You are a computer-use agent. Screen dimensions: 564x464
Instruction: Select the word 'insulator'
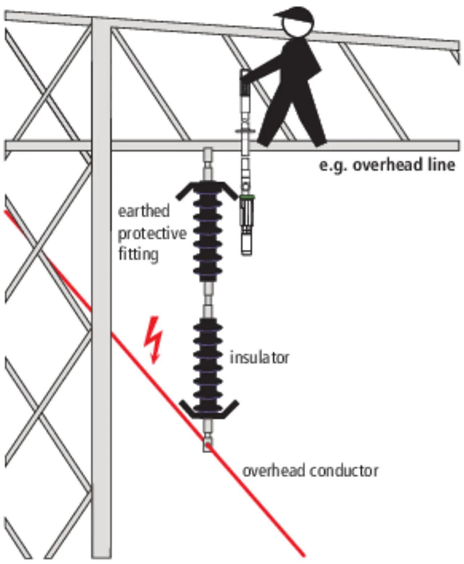[260, 358]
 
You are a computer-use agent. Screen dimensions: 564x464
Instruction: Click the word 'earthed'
[144, 211]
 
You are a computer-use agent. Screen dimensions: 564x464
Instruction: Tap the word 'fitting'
[138, 254]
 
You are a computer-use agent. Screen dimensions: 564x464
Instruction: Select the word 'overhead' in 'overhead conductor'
[274, 471]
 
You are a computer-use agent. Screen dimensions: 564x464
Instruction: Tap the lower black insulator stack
[208, 366]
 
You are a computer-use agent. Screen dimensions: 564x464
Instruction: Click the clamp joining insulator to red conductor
[207, 444]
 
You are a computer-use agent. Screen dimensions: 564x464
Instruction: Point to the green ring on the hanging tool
[247, 197]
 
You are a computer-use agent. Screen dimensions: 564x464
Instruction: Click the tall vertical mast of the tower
[101, 290]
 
